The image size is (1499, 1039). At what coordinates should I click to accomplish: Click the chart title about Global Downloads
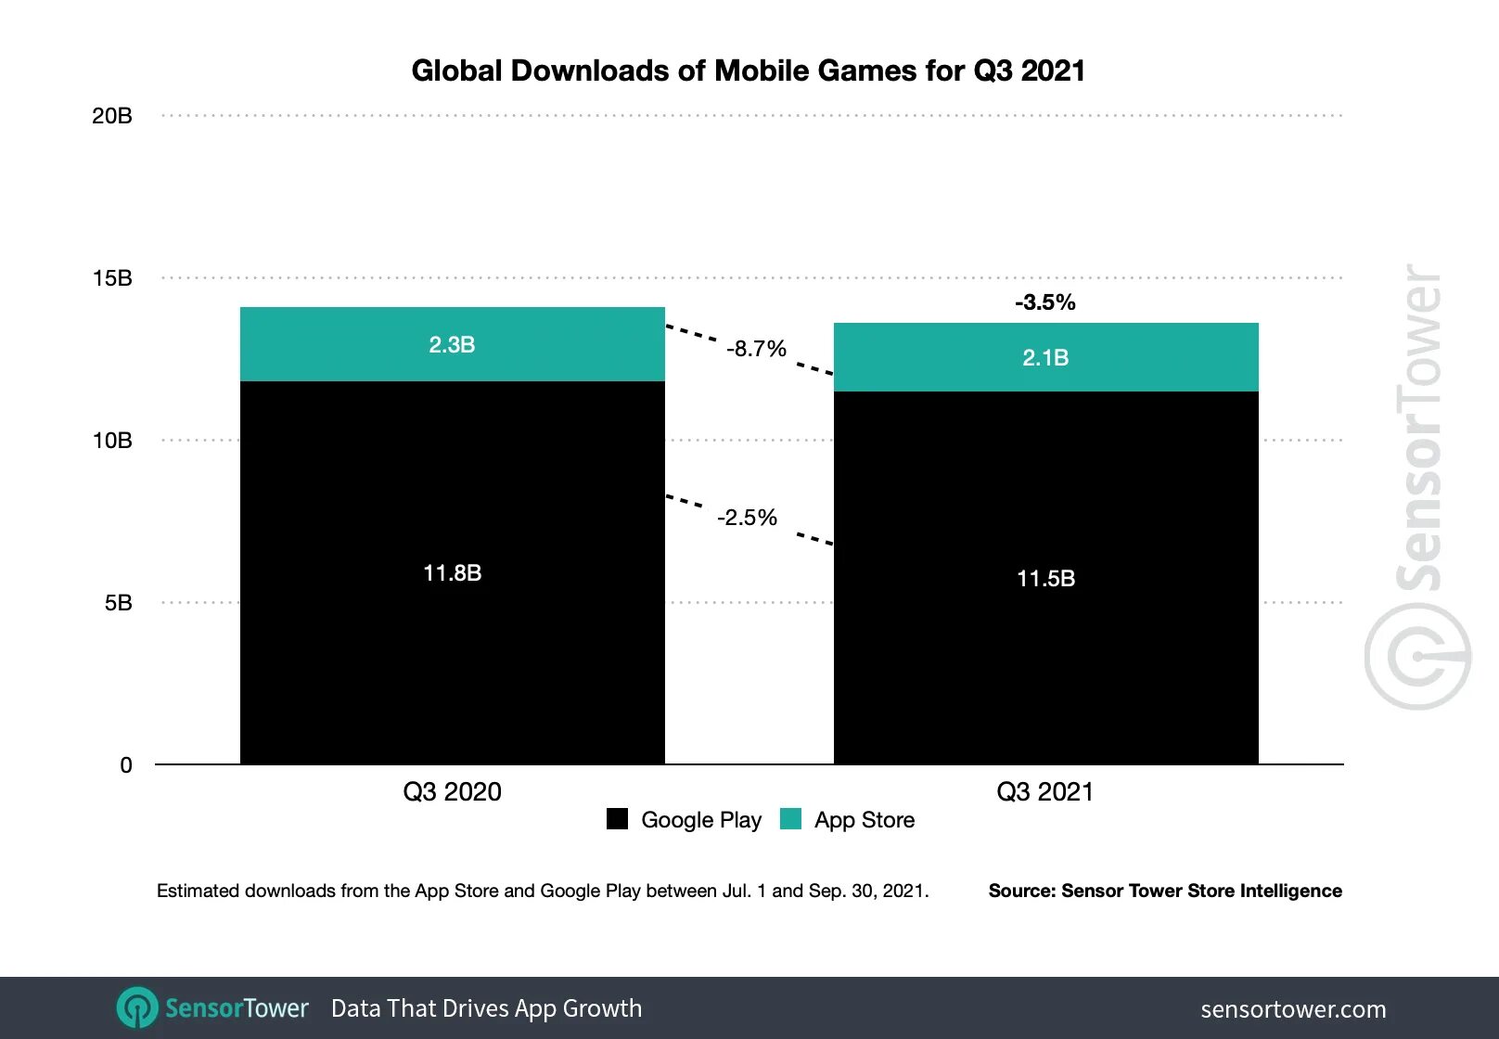point(748,71)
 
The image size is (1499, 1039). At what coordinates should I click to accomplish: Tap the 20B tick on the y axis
point(112,116)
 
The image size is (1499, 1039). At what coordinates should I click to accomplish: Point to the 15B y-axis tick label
point(112,278)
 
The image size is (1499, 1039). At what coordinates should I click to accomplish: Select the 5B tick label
point(118,603)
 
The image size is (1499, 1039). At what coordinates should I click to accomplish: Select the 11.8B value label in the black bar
point(452,573)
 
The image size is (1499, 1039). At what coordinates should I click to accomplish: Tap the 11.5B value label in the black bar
point(1045,579)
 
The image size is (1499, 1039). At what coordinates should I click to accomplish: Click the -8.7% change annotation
point(756,349)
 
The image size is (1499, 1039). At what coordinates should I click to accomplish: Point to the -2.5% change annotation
point(747,518)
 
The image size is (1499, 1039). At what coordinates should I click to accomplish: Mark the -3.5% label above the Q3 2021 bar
point(1045,302)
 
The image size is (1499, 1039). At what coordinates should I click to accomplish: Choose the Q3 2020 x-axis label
point(452,792)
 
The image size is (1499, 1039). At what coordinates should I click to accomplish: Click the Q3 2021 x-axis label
point(1045,792)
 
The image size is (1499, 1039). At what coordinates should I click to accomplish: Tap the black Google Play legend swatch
point(617,819)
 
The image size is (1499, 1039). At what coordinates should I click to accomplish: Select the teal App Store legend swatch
point(791,819)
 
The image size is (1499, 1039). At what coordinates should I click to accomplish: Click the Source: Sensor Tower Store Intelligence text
point(1165,891)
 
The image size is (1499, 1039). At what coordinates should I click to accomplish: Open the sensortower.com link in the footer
point(1293,1009)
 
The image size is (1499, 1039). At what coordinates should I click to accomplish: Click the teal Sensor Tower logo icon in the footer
point(137,1007)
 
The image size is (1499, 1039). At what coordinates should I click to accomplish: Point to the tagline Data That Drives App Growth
point(486,1008)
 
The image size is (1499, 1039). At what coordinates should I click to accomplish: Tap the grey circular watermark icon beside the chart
point(1416,657)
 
